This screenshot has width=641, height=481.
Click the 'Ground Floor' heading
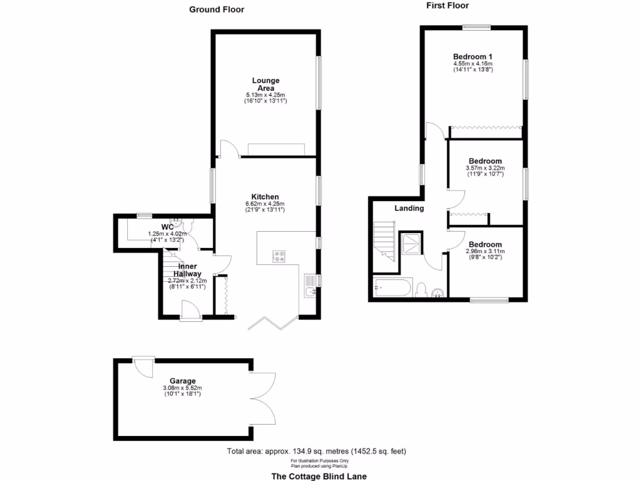pyautogui.click(x=217, y=9)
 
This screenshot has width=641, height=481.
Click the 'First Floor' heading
pyautogui.click(x=448, y=6)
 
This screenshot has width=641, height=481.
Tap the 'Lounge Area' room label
pyautogui.click(x=265, y=84)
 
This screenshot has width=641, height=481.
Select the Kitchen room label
pyautogui.click(x=265, y=197)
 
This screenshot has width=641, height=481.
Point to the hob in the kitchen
pyautogui.click(x=279, y=256)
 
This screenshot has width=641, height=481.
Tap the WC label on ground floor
pyautogui.click(x=167, y=227)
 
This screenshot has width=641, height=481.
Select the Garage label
pyautogui.click(x=182, y=381)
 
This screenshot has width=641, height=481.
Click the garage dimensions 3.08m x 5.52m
pyautogui.click(x=182, y=388)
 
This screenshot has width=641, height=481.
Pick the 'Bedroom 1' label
pyautogui.click(x=473, y=56)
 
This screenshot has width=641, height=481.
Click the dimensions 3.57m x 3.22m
pyautogui.click(x=485, y=168)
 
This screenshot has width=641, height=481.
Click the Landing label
pyautogui.click(x=409, y=209)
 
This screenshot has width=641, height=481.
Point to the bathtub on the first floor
pyautogui.click(x=392, y=289)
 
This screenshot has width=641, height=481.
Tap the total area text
pyautogui.click(x=319, y=451)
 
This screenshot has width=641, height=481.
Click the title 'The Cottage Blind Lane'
pyautogui.click(x=319, y=476)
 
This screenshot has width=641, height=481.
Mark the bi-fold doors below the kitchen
pyautogui.click(x=272, y=323)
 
